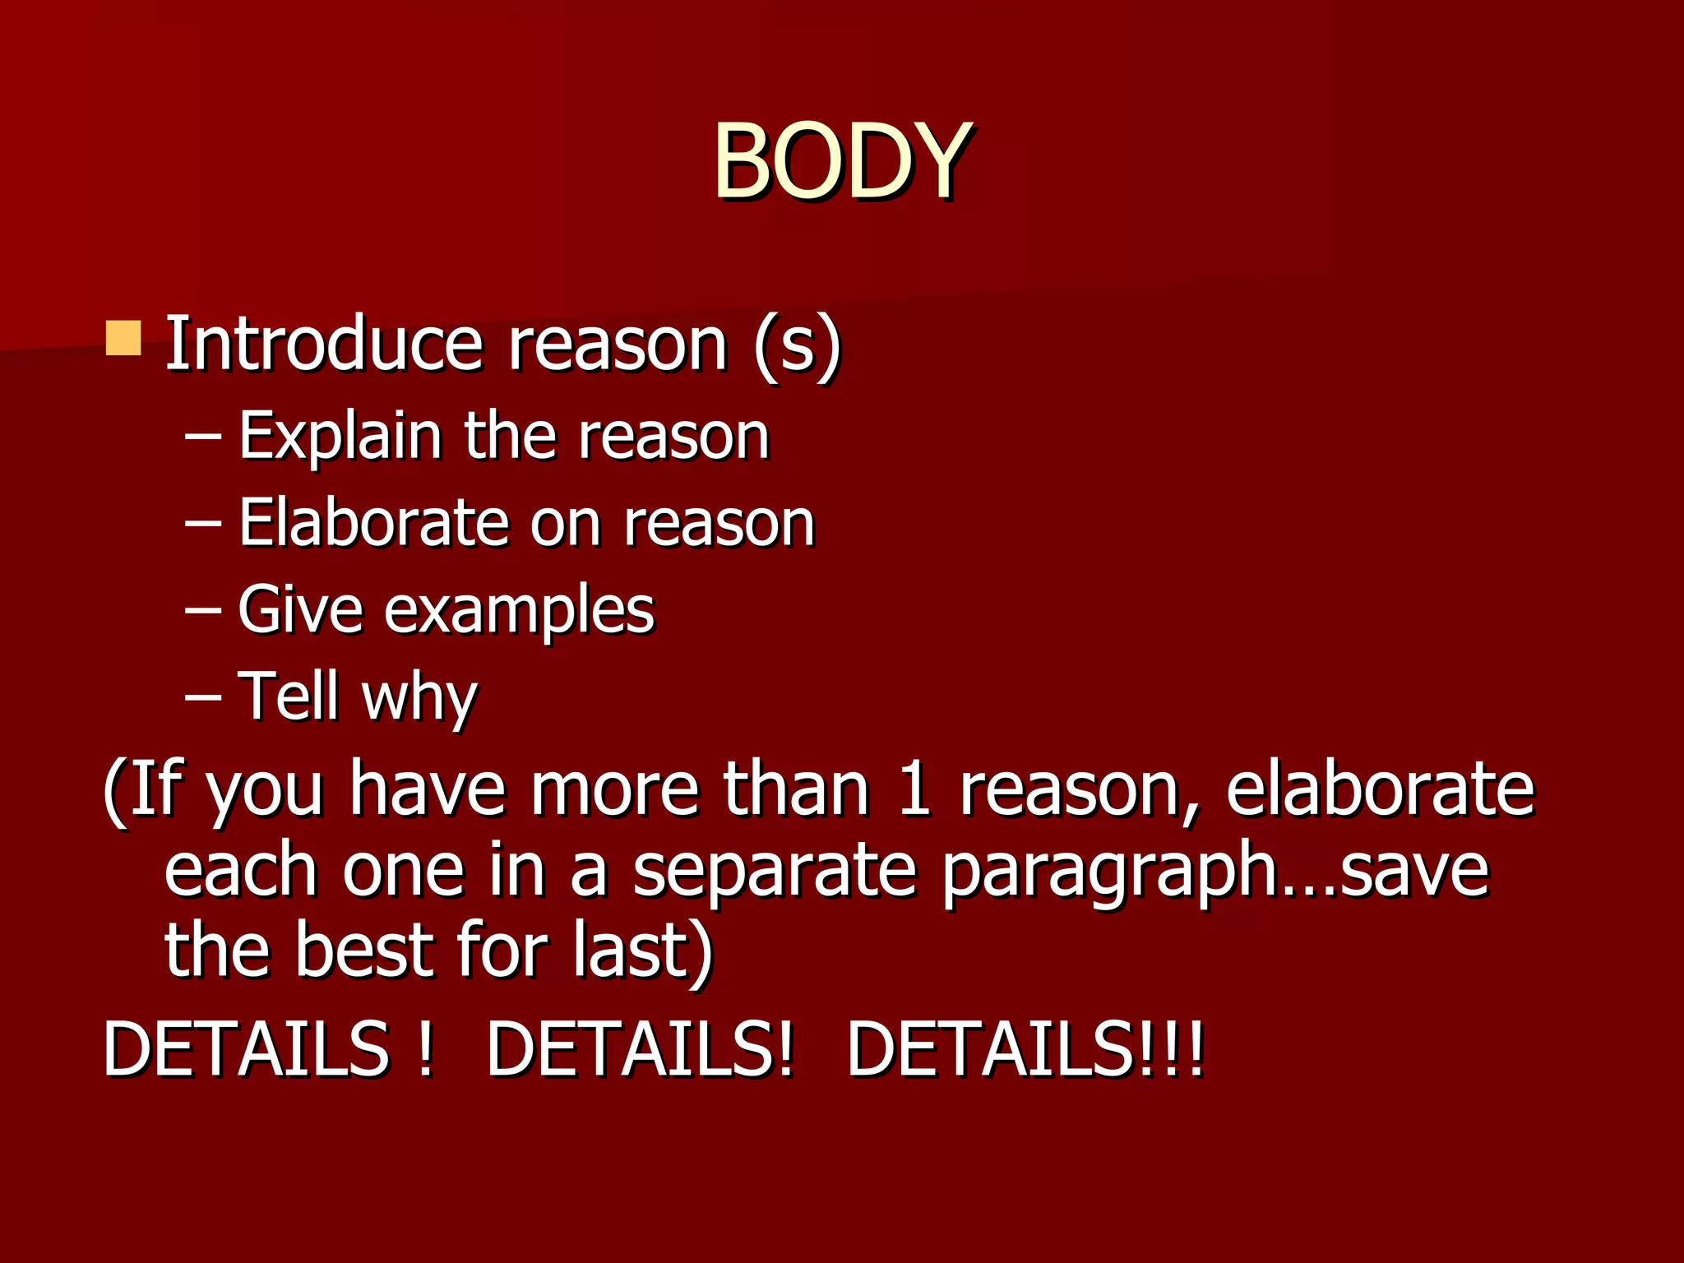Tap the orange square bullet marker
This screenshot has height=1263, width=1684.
click(123, 338)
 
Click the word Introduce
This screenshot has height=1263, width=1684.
click(324, 343)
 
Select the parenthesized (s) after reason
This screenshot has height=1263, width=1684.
click(797, 345)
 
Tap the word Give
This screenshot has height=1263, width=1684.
click(300, 609)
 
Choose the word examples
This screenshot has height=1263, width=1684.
click(519, 613)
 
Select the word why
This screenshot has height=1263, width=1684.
click(419, 699)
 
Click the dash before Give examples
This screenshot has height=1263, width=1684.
click(202, 611)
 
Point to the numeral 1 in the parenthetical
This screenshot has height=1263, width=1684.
click(914, 789)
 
